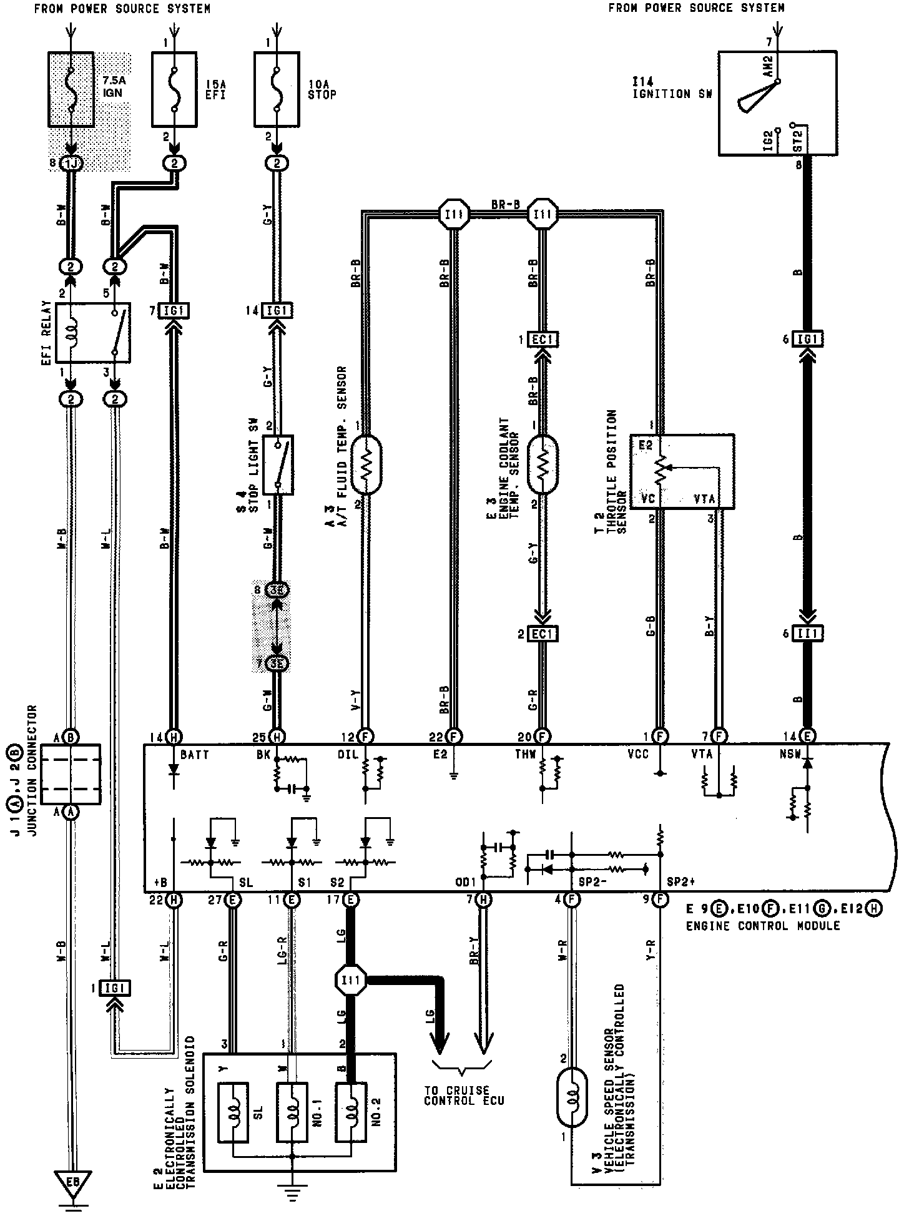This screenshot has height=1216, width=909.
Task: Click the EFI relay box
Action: pos(94,332)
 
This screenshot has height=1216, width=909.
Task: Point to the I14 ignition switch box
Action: pos(777,103)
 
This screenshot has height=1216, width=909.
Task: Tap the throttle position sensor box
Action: pos(682,471)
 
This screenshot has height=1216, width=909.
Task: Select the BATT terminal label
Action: pos(194,755)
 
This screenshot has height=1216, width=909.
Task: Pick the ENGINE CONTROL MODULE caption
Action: pos(762,926)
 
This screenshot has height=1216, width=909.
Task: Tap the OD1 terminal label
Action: pos(466,883)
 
